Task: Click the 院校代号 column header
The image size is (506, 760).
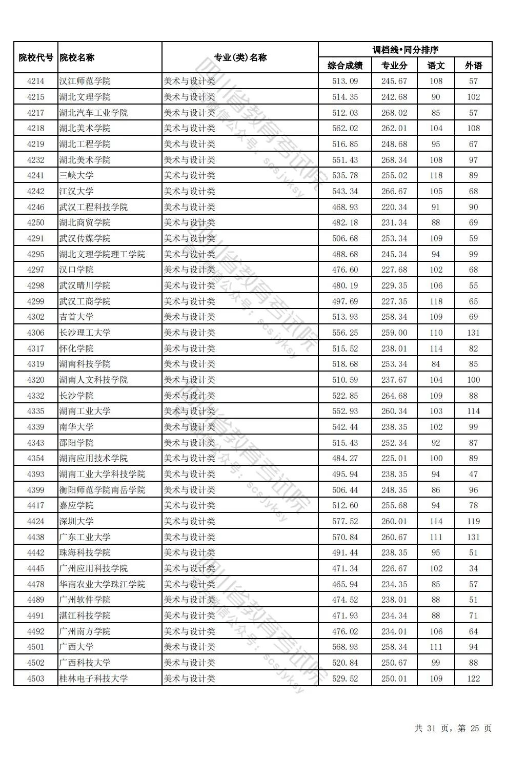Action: point(35,57)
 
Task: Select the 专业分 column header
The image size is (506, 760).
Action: point(394,66)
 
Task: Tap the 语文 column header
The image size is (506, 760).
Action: point(436,66)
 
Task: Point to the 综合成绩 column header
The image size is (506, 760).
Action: point(345,66)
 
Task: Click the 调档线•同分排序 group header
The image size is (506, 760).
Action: point(405,50)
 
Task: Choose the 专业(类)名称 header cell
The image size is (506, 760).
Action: point(240,57)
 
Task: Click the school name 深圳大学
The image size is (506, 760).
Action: point(76,521)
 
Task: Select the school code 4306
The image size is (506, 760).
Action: point(35,333)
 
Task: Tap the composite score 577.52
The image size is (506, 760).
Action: point(345,521)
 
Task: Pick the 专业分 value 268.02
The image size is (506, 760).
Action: point(394,113)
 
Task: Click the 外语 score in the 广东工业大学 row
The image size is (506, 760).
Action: point(473,537)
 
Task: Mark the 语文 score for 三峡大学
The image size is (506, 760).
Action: point(436,175)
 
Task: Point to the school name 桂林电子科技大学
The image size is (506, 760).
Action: point(93,679)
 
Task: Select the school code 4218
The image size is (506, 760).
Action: point(35,128)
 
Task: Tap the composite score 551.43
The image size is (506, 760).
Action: point(345,160)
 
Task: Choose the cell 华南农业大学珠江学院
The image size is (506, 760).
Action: point(102,584)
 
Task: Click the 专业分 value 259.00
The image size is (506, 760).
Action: point(394,333)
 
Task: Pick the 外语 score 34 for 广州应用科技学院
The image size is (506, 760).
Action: point(473,568)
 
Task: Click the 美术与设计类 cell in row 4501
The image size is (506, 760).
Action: point(190,647)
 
